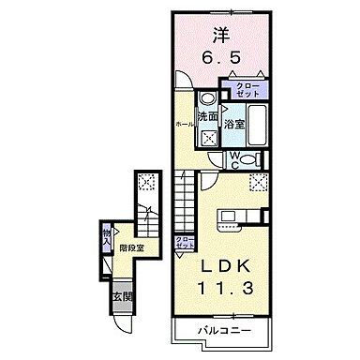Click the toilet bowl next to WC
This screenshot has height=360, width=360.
pyautogui.click(x=258, y=158)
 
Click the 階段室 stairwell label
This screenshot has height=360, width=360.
pyautogui.click(x=129, y=249)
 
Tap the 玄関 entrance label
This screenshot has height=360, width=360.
pyautogui.click(x=123, y=298)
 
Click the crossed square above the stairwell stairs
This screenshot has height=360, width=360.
pyautogui.click(x=146, y=183)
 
